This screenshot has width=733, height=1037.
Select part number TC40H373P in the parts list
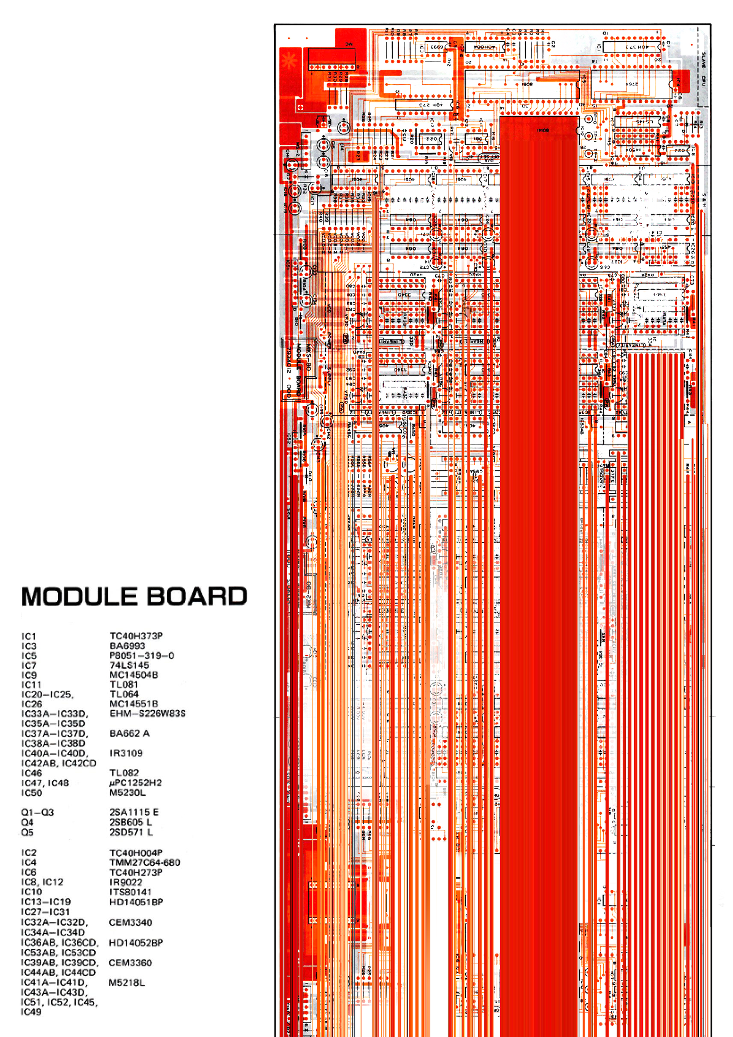tap(136, 636)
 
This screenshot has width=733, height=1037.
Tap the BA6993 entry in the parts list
tap(127, 646)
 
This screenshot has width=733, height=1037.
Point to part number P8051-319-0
tap(141, 655)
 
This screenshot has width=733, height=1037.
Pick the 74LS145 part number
tap(129, 665)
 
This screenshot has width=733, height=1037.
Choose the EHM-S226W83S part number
tap(147, 714)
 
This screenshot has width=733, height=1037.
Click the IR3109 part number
tap(126, 753)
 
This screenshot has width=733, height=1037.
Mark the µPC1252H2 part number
tap(135, 783)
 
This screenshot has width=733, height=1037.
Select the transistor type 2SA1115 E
tap(134, 812)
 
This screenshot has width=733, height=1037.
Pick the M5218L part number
tap(127, 982)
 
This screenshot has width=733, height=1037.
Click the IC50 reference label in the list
tap(32, 793)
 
